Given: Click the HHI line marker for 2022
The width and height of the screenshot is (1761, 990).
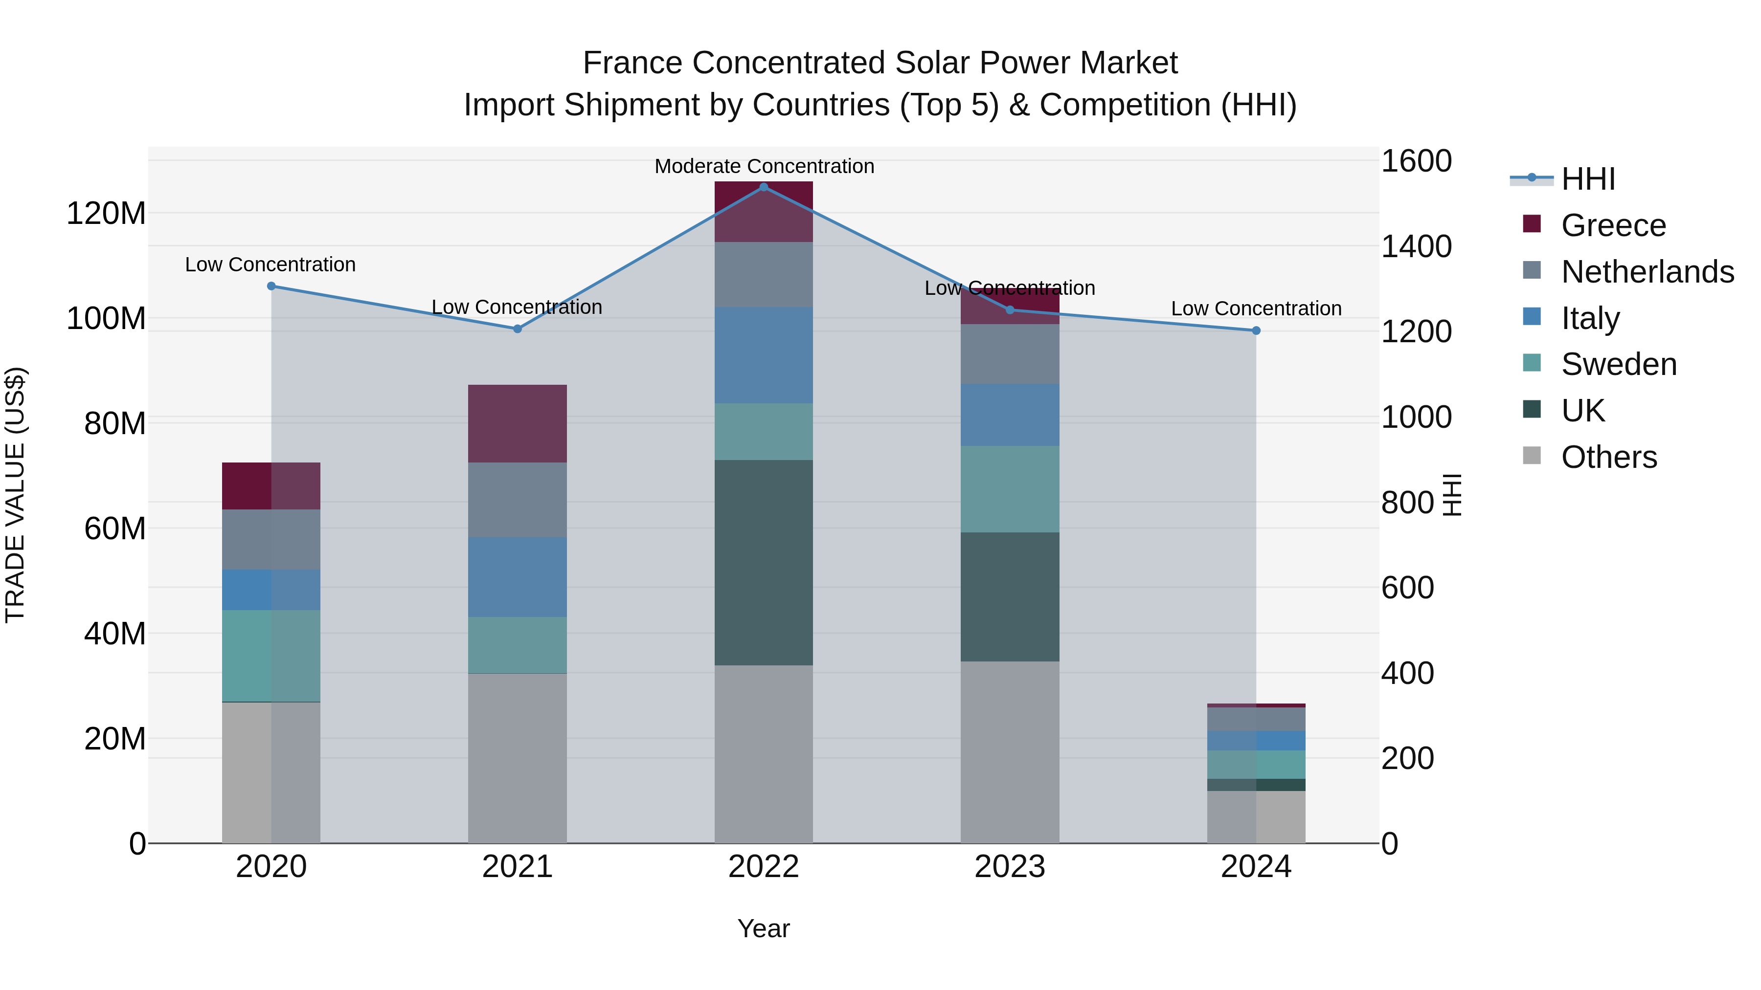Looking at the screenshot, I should [764, 187].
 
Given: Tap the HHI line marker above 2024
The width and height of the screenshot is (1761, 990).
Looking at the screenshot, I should [1256, 330].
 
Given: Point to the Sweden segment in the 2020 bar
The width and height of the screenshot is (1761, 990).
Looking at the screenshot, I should [271, 656].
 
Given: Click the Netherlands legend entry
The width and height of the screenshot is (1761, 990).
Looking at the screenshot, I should [1648, 272].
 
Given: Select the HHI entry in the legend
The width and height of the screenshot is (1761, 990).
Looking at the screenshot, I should [1588, 179].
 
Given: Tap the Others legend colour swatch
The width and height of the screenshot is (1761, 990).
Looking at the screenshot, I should [1532, 456].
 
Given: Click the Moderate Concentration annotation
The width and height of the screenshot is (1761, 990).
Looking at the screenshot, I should [764, 166].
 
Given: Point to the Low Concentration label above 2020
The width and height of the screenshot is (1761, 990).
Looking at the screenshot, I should [270, 264].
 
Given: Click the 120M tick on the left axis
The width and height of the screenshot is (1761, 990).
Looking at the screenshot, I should [106, 214].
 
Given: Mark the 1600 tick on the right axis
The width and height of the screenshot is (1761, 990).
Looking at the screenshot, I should [1416, 161].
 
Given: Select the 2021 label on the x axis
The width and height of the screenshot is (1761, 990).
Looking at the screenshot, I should [518, 867].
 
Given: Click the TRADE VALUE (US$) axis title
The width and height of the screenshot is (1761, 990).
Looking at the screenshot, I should [15, 495].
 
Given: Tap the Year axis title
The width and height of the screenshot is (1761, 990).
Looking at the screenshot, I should [764, 928].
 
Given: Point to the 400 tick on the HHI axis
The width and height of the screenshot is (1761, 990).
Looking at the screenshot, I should [1407, 673].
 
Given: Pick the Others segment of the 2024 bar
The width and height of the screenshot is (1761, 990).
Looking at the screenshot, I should [1256, 817].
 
